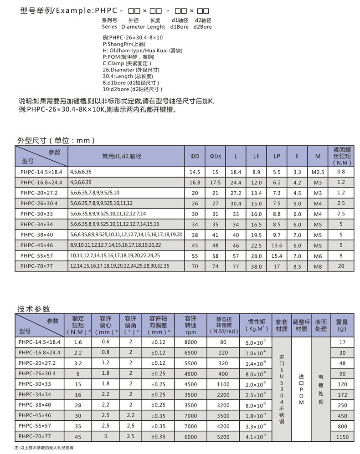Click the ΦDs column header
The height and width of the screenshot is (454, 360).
point(215,156)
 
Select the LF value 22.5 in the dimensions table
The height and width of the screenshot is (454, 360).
point(256,245)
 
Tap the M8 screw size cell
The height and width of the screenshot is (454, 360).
point(318,265)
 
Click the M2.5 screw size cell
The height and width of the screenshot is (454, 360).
point(318,172)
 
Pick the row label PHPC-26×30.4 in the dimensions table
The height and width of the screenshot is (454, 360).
point(39,203)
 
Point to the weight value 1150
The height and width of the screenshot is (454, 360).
point(342,437)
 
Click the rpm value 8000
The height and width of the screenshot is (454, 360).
point(190,342)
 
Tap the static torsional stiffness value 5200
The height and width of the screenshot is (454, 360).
point(223,437)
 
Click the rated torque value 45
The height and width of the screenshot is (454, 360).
point(77,437)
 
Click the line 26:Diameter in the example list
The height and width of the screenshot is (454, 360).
point(131,70)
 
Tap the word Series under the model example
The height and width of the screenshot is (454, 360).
point(110,27)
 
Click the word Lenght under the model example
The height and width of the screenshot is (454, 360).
point(156,27)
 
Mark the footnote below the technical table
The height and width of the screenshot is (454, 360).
point(44,448)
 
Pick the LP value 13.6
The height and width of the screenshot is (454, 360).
point(277,245)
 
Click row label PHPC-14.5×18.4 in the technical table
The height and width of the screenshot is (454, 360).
point(40,342)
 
